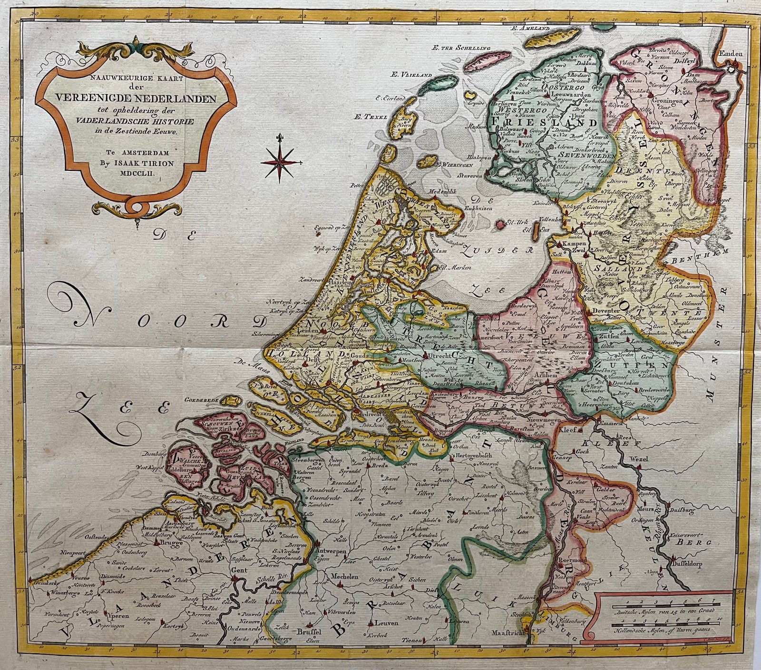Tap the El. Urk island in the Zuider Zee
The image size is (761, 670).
[499, 224]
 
